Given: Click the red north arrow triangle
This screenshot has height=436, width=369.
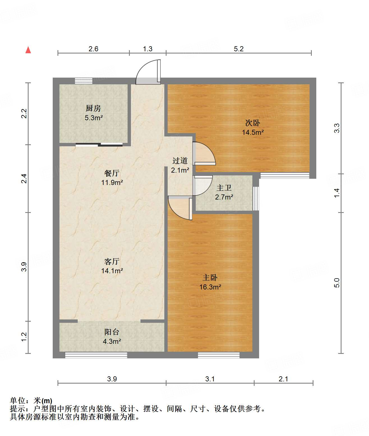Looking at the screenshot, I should point(28,50).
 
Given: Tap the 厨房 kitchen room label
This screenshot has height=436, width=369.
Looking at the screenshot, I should point(93,108).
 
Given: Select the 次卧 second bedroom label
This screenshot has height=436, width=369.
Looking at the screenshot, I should point(253,123).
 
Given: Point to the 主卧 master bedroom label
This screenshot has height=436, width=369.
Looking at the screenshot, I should point(210,278).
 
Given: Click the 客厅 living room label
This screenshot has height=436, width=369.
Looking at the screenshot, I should point(112,261).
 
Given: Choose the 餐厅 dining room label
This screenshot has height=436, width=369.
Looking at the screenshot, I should point(112,173).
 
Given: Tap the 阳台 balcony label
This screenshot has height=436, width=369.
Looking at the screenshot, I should point(112,332).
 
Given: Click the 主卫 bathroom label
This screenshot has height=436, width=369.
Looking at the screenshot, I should point(224,188).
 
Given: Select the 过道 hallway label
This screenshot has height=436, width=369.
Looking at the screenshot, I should point(180,161).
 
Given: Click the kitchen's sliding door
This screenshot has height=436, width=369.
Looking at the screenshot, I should point(99,145).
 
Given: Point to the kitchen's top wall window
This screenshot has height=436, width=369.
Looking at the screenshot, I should point(84,81).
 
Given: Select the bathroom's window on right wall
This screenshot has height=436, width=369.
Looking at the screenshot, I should point(256,198).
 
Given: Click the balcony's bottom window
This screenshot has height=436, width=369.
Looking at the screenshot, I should point(96,355).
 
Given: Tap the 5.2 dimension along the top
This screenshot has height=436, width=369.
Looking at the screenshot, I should point(239,49).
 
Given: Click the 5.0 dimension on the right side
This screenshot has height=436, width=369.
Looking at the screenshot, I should point(337,283).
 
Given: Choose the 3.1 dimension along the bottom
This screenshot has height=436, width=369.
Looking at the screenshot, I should point(210,379).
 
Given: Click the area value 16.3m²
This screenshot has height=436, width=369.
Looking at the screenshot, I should point(210,287).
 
